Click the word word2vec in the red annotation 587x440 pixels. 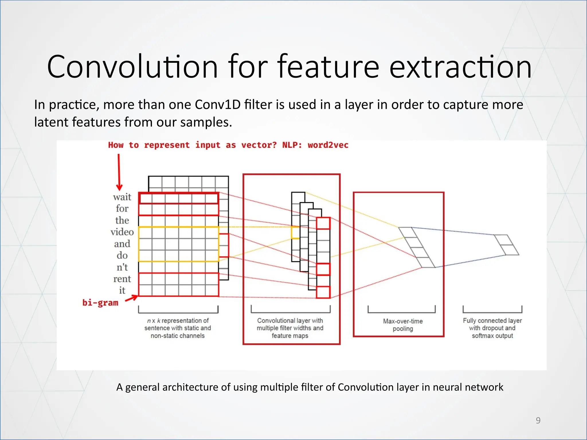328,145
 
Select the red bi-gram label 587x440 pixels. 100,303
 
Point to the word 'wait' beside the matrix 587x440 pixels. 122,197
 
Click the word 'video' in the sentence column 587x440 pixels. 122,232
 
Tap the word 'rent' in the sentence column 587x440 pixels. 122,279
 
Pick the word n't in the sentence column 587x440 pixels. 122,267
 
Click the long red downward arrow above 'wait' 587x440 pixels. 119,172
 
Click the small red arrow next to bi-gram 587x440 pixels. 131,298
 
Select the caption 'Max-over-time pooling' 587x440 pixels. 403,325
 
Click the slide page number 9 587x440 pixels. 538,421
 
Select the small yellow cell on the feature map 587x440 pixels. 295,232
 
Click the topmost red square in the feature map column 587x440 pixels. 323,223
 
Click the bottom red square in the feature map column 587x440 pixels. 323,292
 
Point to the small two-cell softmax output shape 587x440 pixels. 506,245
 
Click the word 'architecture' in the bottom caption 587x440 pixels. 196,387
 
